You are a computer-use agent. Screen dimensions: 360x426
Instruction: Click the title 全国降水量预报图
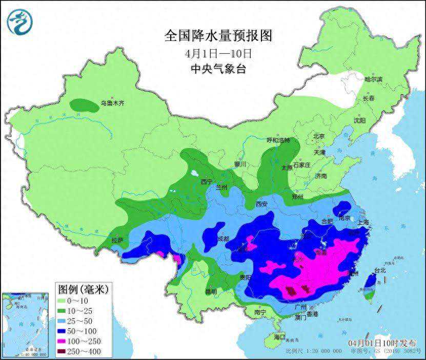click(x=217, y=35)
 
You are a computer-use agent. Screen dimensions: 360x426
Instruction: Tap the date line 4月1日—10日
click(x=218, y=53)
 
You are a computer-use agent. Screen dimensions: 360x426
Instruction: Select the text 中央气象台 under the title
click(x=218, y=69)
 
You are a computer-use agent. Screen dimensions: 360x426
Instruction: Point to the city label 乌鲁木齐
click(x=112, y=103)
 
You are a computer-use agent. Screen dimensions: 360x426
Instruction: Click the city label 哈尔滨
click(x=373, y=79)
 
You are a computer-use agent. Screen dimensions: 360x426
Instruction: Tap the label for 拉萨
click(x=117, y=240)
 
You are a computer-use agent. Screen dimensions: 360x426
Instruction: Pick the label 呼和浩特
click(x=278, y=140)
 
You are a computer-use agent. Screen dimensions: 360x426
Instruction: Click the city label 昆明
click(x=211, y=291)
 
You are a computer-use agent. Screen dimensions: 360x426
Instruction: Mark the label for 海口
click(x=279, y=337)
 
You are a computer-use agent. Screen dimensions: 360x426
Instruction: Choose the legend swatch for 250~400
click(x=66, y=351)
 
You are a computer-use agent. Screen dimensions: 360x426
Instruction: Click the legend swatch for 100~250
click(x=66, y=341)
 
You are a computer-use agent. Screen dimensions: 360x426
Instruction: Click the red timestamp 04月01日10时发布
click(x=382, y=342)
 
